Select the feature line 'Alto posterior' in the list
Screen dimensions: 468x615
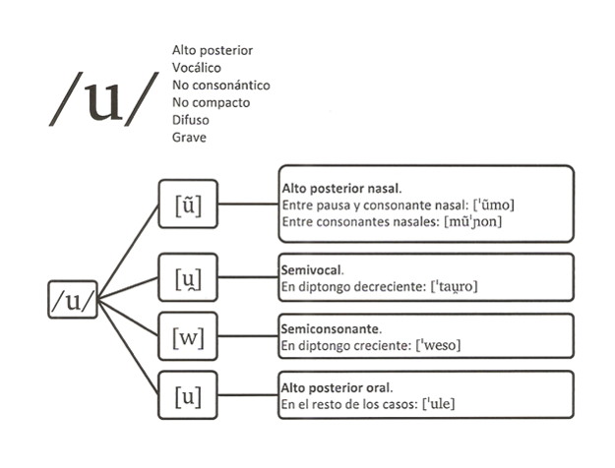[213, 50]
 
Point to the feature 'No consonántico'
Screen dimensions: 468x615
[220, 86]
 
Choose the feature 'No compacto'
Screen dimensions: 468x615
[211, 102]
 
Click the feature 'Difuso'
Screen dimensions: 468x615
[191, 120]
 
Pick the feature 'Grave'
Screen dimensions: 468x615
[189, 138]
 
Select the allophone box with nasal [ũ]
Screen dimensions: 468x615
[187, 205]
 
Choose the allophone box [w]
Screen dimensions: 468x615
[187, 339]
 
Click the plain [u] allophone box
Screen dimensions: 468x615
[187, 397]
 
